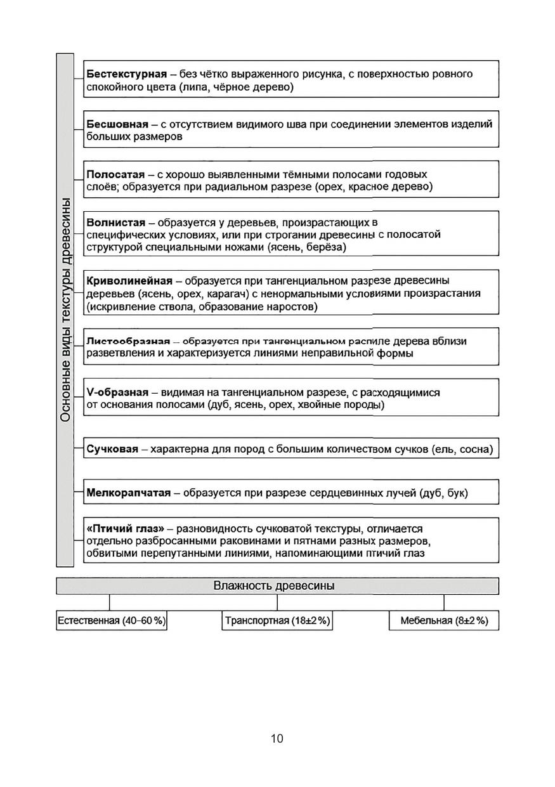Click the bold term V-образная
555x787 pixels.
pos(117,393)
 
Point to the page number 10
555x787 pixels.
pos(277,738)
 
